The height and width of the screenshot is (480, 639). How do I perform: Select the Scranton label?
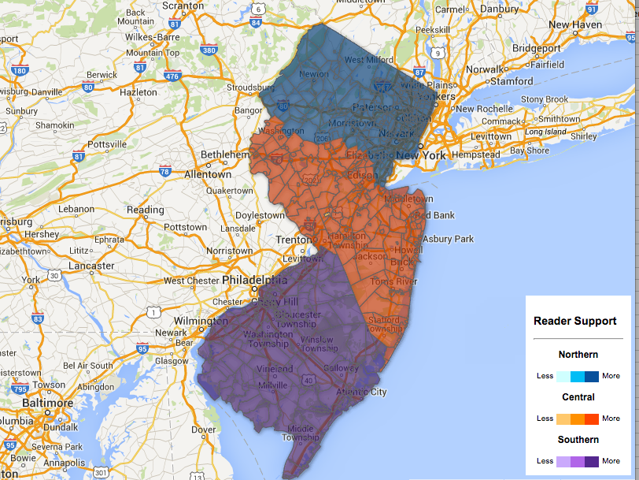(183, 6)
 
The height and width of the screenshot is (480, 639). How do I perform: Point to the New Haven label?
(574, 24)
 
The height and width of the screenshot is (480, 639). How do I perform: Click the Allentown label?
(208, 174)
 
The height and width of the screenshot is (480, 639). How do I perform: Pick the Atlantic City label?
(362, 392)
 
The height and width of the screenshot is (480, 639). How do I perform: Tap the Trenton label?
(297, 240)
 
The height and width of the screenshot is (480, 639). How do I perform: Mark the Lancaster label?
(91, 266)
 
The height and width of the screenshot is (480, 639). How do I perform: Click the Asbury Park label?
(448, 239)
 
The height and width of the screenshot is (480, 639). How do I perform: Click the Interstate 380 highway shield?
(209, 50)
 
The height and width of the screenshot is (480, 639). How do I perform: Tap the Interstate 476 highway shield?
(172, 76)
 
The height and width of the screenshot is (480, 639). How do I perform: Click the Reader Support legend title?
(574, 321)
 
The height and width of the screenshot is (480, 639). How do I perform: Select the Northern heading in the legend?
(578, 355)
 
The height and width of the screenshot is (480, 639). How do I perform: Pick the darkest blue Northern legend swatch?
(592, 376)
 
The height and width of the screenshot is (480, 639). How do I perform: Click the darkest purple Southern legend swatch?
(592, 461)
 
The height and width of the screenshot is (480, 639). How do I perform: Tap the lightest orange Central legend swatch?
(563, 419)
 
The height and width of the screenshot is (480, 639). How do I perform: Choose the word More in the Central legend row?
(611, 419)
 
